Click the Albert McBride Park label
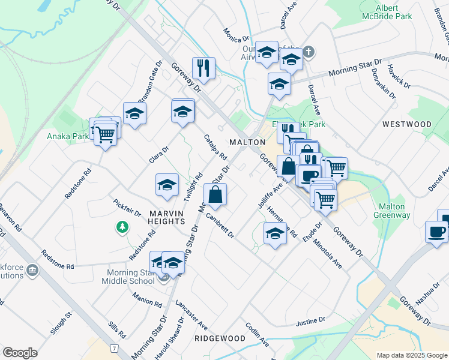pos(394,12)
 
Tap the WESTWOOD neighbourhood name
pos(406,124)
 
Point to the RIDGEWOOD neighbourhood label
pos(220,338)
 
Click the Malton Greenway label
pos(392,211)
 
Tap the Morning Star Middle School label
pos(127,277)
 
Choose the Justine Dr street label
pos(310,323)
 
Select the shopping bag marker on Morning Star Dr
pos(215,195)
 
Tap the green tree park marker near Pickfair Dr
pos(122,227)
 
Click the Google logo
pos(20,353)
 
